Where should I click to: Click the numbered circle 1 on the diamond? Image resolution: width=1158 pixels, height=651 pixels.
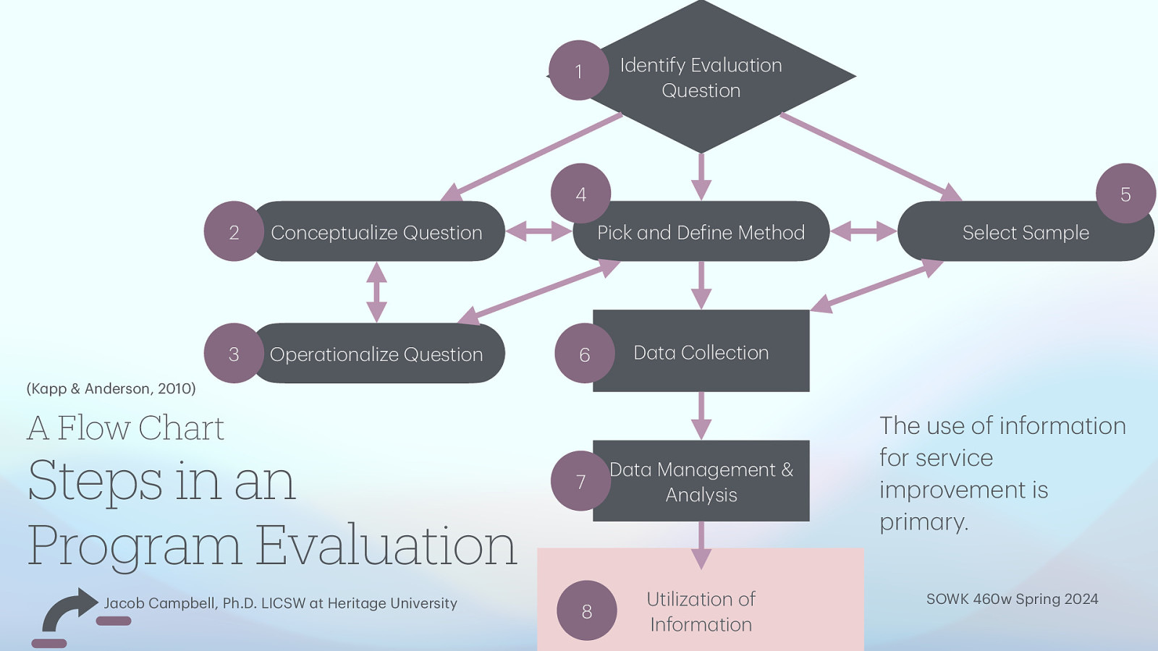point(578,71)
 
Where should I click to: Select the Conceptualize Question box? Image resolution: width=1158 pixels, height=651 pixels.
point(376,232)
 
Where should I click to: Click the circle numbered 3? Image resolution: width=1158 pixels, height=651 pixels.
point(234,354)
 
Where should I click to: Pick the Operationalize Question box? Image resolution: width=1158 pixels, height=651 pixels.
point(376,354)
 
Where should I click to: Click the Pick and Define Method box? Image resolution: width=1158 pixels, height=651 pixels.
point(701,232)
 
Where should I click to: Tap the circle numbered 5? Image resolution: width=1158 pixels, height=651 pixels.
point(1125,194)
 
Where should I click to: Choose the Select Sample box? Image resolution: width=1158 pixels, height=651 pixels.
point(1025,233)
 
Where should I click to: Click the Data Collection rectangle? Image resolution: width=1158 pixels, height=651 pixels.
point(701,352)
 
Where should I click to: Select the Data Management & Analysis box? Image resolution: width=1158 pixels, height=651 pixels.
point(701,482)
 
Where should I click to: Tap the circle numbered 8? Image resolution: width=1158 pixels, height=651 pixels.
point(586,611)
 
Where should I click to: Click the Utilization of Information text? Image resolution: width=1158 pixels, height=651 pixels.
point(701,612)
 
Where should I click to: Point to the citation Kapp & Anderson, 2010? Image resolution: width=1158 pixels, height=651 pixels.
point(111,388)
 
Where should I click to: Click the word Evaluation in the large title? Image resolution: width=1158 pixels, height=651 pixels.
point(386,546)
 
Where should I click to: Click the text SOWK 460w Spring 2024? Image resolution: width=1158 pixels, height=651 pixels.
point(1012,599)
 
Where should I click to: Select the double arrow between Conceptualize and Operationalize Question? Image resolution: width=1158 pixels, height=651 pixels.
point(376,292)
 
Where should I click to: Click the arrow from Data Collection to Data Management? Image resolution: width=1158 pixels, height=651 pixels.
point(701,416)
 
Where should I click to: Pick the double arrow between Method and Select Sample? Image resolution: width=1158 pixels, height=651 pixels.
point(863,232)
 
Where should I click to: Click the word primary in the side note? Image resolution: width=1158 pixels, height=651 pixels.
point(923,522)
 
